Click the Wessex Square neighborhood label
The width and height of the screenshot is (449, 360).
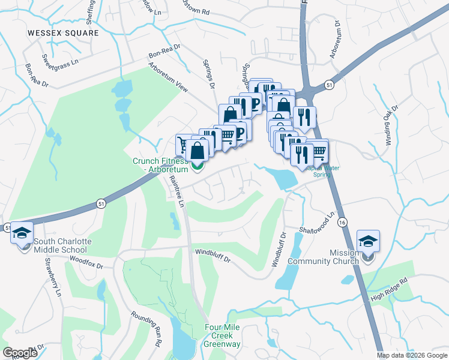63,33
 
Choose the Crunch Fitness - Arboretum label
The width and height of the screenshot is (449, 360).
161,165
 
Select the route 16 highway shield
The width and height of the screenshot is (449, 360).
342,221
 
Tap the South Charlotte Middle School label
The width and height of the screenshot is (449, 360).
63,245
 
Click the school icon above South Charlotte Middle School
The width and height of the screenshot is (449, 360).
22,233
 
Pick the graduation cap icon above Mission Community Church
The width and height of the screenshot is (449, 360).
368,241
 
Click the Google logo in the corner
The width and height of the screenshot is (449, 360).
20,352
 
